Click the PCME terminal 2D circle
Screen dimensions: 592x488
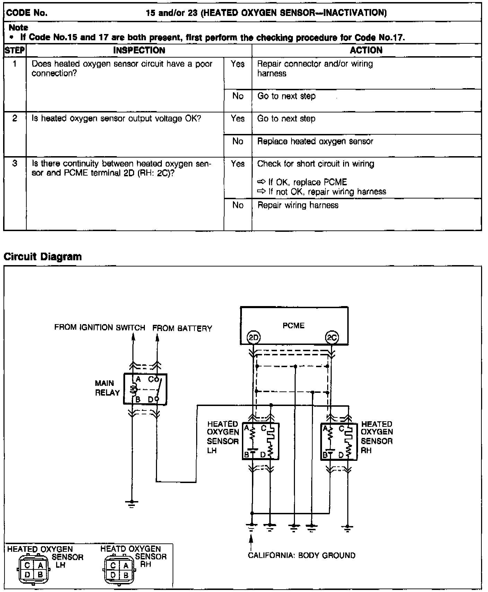click(x=253, y=337)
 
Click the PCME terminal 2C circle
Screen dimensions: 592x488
click(x=332, y=337)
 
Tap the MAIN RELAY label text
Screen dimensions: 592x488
click(x=107, y=388)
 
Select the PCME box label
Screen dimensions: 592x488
click(x=293, y=325)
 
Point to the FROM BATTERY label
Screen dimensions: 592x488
click(x=182, y=328)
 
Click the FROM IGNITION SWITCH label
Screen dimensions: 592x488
click(x=100, y=328)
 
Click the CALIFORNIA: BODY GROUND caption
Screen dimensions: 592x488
click(x=302, y=555)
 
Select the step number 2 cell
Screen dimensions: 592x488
click(x=15, y=118)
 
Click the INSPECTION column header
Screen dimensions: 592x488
click(x=139, y=50)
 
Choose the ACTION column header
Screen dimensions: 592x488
click(x=366, y=50)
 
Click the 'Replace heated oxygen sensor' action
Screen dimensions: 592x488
click(x=315, y=142)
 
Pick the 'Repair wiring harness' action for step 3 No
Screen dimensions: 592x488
click(x=298, y=205)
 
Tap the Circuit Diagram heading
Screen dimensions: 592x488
click(x=43, y=256)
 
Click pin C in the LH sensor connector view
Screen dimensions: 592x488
click(x=27, y=566)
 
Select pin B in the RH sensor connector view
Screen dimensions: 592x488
click(x=126, y=575)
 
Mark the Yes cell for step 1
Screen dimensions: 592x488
click(x=237, y=64)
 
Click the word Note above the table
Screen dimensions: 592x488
click(x=18, y=27)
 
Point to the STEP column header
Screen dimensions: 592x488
click(x=15, y=50)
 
